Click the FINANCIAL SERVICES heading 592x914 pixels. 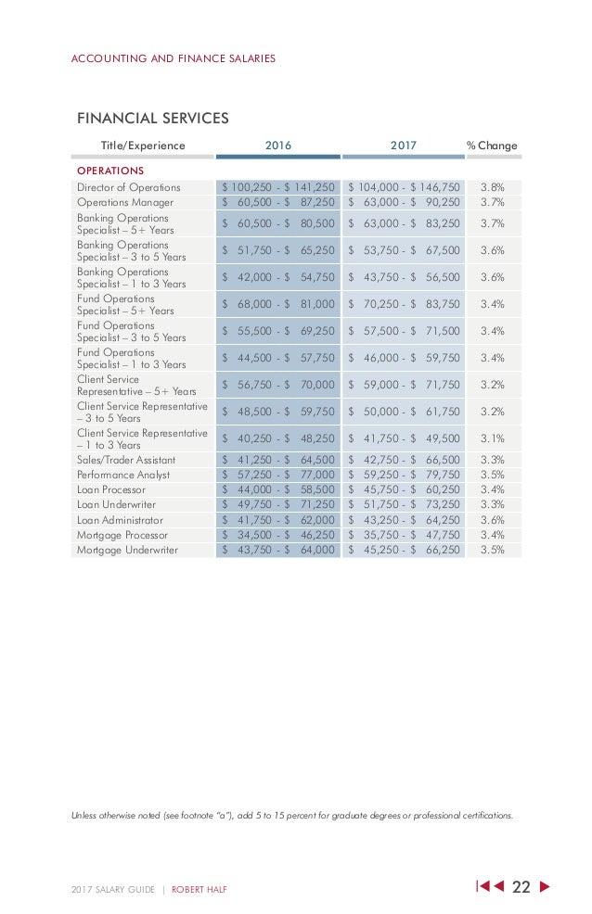[152, 118]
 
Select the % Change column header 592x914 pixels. [492, 146]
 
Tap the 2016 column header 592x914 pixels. [278, 146]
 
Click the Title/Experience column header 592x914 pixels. [143, 146]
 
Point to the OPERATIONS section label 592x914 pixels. [109, 171]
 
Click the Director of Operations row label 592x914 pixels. [129, 187]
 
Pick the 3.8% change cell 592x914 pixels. [493, 187]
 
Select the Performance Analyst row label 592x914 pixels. [123, 475]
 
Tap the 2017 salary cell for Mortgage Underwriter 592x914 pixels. [404, 551]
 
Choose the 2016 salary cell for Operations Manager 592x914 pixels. [278, 202]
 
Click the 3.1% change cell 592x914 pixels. [493, 438]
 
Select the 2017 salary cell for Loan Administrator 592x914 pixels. [404, 520]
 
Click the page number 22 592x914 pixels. [521, 887]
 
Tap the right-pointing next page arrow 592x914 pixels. [545, 887]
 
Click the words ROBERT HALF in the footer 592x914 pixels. [199, 890]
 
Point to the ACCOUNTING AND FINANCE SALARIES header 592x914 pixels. [173, 58]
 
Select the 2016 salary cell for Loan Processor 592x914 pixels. [278, 489]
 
